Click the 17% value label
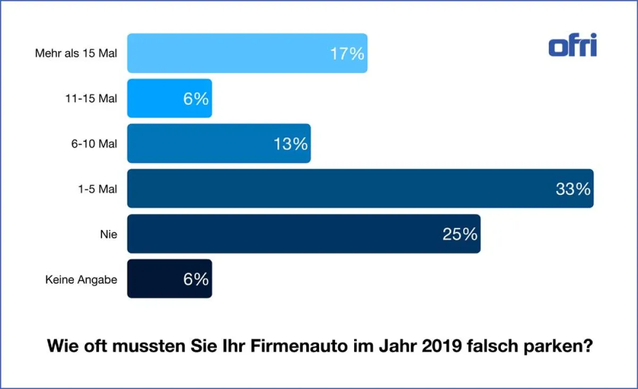pos(347,54)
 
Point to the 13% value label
pos(291,144)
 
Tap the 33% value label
pos(573,189)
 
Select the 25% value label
pos(460,234)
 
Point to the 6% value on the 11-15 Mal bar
pos(196,99)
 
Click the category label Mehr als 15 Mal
pos(76,54)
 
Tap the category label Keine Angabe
pos(81,279)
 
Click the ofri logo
pos(573,45)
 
